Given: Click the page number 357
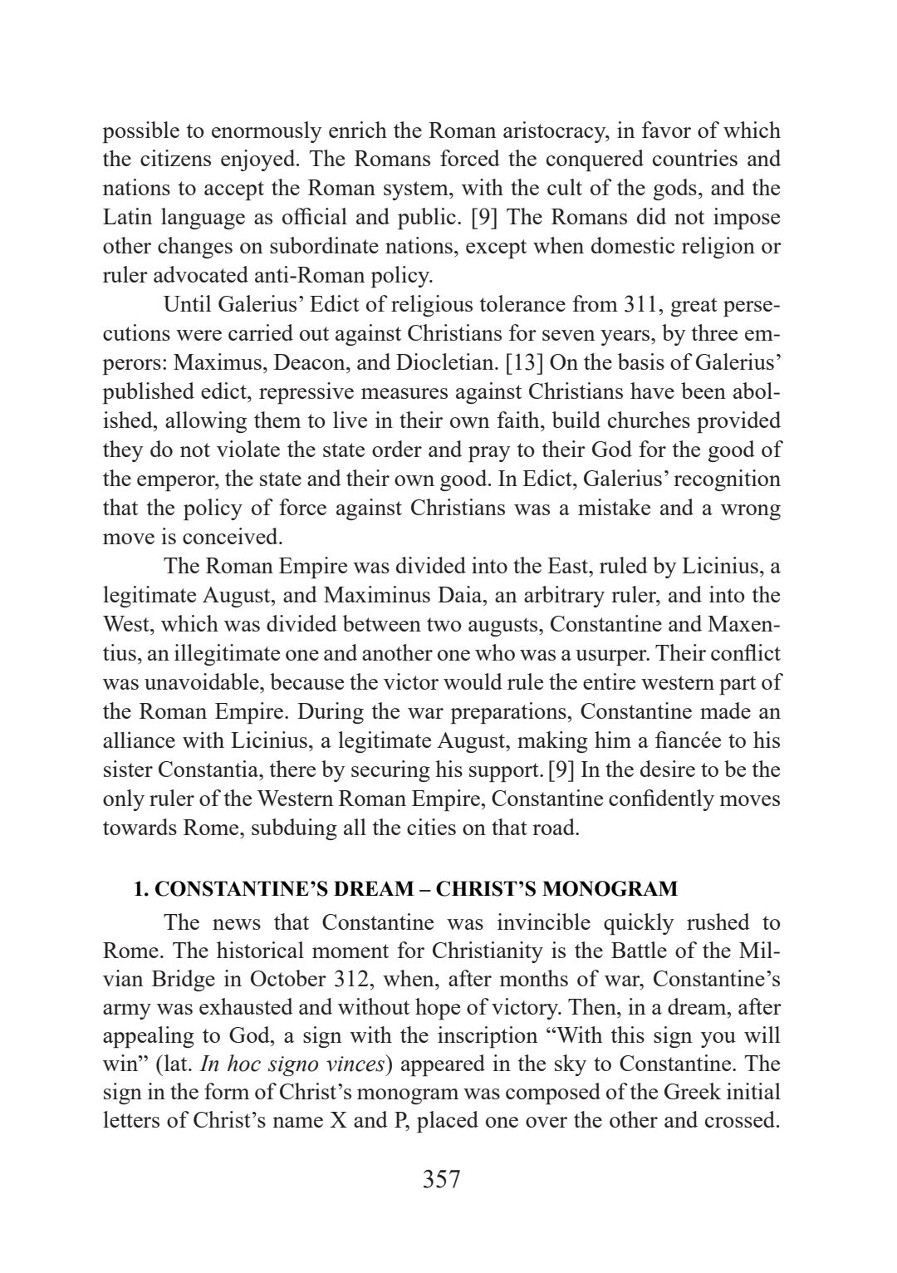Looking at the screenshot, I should coord(441,1179).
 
